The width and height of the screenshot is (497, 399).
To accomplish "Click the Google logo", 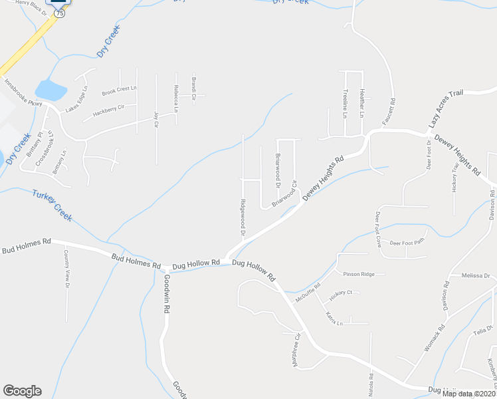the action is pos(22,391).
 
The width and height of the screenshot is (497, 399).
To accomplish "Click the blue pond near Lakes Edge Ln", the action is pos(50,89).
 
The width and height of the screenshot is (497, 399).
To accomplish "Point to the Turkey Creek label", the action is pos(52,205).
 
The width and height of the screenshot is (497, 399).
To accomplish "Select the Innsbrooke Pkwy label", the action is pos(23,92).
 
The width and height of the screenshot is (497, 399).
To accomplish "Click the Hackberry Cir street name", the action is pos(109,110).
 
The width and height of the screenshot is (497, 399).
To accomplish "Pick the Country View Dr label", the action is pos(66,269).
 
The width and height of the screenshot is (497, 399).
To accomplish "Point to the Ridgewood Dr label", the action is pos(243,217).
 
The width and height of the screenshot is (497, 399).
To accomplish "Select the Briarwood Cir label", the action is pos(283,196).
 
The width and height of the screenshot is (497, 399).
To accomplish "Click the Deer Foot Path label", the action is pos(407,243).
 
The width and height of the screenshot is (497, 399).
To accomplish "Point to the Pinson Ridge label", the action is pos(359,274).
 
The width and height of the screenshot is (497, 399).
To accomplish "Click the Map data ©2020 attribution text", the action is pos(468,394).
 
